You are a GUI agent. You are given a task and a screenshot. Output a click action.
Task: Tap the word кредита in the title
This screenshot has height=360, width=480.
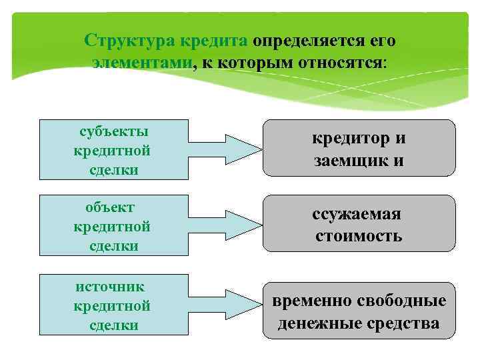click(211, 41)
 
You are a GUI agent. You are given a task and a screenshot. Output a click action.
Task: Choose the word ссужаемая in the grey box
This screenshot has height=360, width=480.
click(358, 215)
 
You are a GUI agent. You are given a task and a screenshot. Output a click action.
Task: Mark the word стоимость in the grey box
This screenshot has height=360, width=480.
click(358, 236)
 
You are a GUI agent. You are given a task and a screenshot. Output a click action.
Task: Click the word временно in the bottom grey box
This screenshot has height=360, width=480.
click(310, 300)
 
